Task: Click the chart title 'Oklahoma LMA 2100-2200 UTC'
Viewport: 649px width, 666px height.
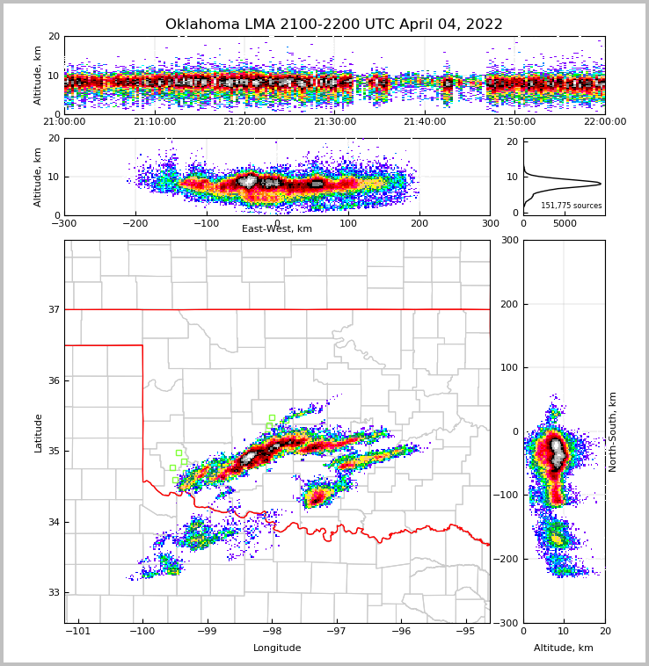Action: (x=333, y=25)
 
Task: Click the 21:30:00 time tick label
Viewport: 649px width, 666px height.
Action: (x=335, y=122)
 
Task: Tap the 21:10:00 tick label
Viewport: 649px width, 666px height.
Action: (x=155, y=122)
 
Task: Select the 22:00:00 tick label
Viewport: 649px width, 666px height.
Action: (x=604, y=122)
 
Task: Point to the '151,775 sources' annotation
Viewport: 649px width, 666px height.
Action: (x=571, y=206)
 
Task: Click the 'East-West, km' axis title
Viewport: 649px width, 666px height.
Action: (x=277, y=229)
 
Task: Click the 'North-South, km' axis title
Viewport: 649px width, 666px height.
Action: (x=613, y=431)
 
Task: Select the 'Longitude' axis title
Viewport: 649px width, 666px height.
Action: (x=277, y=648)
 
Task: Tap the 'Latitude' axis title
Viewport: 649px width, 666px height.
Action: (x=38, y=432)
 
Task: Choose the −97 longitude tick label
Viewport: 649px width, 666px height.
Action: (x=336, y=631)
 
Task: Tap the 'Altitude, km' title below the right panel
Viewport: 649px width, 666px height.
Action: (x=564, y=648)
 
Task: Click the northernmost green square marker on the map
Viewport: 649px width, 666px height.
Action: (x=272, y=417)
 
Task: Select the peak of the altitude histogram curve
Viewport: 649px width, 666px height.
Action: (x=601, y=184)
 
